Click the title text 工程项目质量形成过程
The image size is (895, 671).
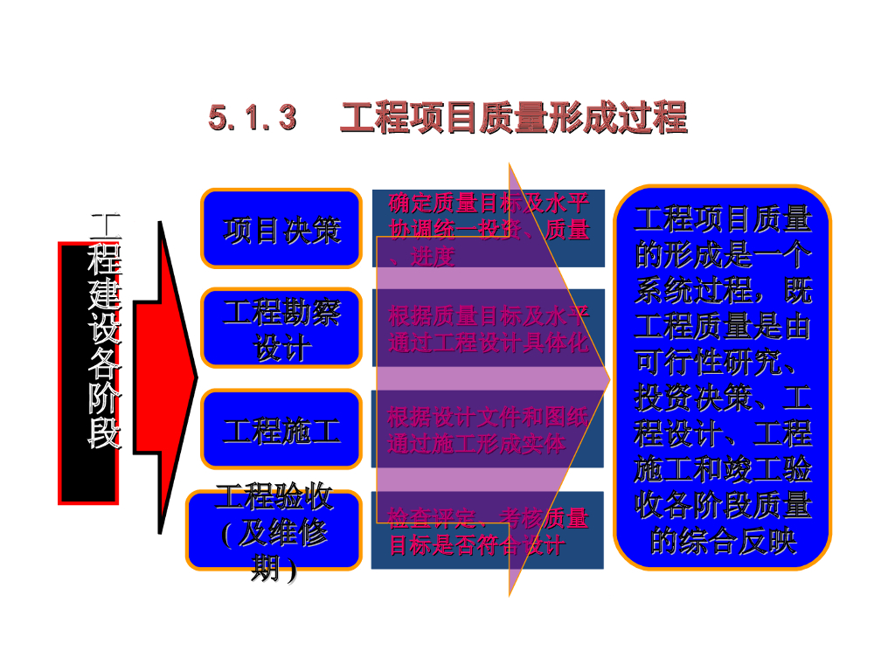click(x=513, y=118)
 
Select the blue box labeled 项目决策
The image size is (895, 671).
click(x=281, y=229)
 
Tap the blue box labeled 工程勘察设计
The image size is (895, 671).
click(x=281, y=329)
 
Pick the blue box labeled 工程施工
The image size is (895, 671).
click(x=281, y=430)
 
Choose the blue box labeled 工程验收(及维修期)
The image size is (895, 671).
click(x=274, y=531)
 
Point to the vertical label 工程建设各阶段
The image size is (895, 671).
click(x=105, y=332)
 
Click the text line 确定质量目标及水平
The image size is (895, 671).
click(x=489, y=204)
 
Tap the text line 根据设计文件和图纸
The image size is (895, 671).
click(x=489, y=416)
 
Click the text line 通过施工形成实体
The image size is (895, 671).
click(x=476, y=444)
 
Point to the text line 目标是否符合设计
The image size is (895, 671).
click(x=476, y=547)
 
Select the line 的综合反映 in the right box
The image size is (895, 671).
click(x=723, y=542)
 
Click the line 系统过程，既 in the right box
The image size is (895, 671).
click(x=723, y=292)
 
